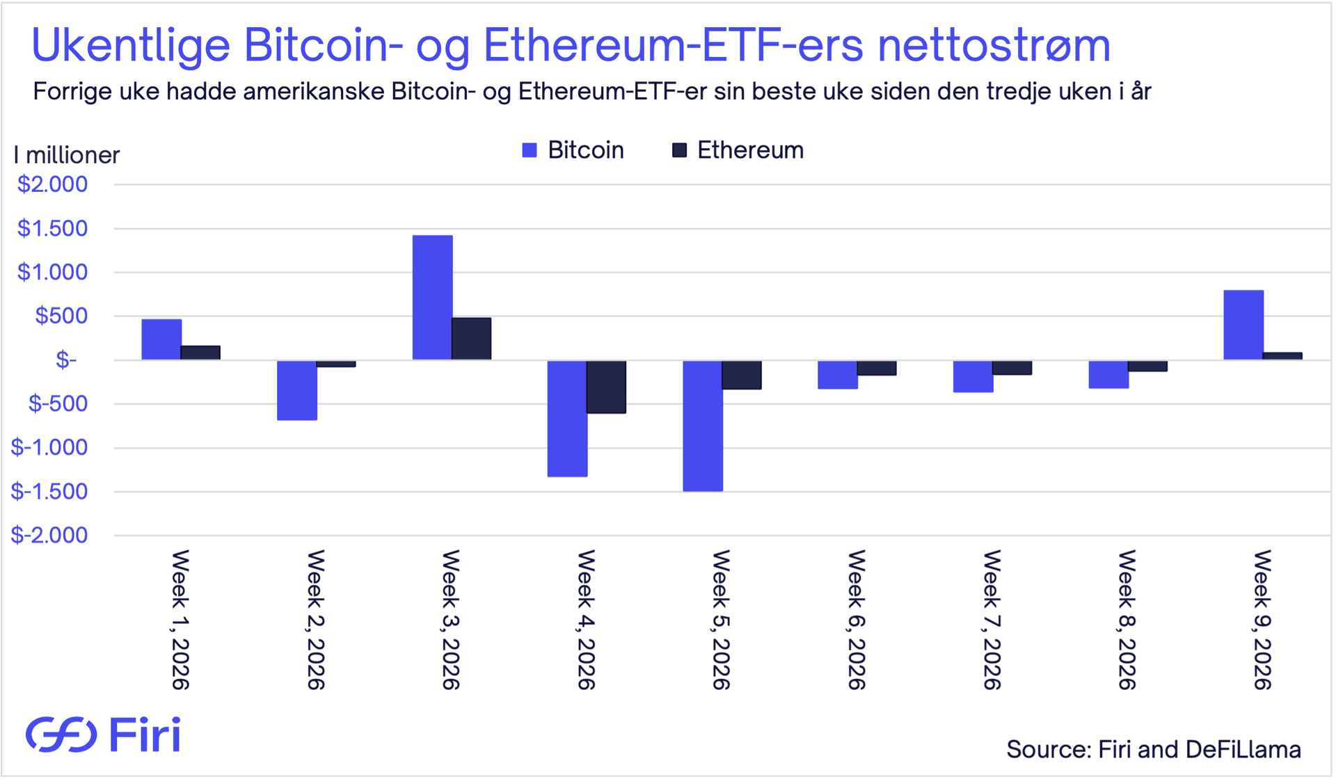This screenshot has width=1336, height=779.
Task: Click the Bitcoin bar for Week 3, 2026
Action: (x=432, y=298)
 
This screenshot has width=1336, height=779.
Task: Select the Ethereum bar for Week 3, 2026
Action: (x=471, y=339)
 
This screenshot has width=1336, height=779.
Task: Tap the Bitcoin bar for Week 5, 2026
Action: (x=703, y=426)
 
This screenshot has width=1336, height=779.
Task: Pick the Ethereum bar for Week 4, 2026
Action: (x=606, y=387)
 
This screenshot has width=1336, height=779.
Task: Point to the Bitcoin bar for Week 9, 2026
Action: (x=1243, y=325)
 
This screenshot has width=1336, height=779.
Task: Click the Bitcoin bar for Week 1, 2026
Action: (x=161, y=339)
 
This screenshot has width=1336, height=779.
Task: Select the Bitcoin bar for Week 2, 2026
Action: (x=297, y=390)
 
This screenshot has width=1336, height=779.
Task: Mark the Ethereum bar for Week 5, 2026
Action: (x=742, y=375)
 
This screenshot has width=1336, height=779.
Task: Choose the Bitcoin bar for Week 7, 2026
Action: (x=973, y=376)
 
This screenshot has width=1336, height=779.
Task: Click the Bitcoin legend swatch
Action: (x=530, y=150)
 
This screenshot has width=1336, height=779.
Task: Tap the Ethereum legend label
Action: (x=750, y=150)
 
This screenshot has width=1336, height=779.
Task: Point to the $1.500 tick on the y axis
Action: (x=53, y=228)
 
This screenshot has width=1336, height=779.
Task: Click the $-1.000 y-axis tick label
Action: (x=49, y=447)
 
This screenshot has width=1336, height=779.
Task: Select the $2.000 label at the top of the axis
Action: (x=53, y=184)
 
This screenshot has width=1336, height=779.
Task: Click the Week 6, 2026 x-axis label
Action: (x=857, y=619)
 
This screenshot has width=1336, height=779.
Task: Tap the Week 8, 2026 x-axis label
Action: (x=1127, y=619)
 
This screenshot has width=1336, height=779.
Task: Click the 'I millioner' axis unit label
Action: (x=67, y=155)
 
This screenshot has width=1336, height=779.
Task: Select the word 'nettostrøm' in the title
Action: (x=994, y=45)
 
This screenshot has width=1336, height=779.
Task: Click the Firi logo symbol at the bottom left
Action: (x=61, y=734)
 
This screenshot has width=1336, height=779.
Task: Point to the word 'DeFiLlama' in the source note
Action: (x=1243, y=750)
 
